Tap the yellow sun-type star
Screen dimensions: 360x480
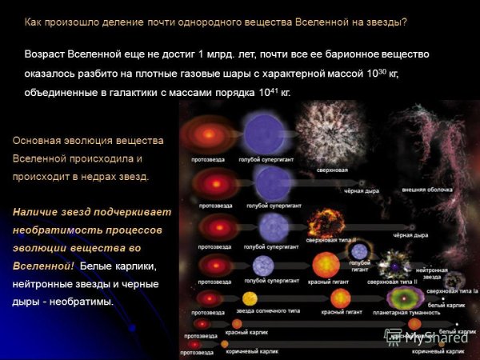[249, 299]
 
